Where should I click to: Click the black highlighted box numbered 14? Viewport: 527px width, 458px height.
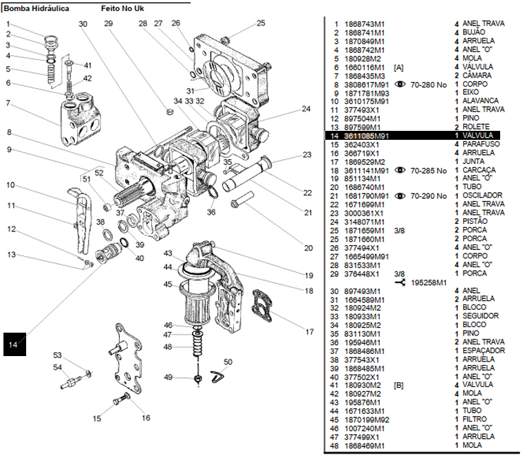(x=14, y=343)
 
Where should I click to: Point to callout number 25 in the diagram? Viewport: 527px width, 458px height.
(x=260, y=23)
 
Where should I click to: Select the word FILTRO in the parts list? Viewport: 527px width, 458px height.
(x=475, y=419)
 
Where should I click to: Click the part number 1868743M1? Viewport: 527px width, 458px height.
(x=365, y=24)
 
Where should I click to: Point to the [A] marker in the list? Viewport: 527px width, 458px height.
(x=398, y=67)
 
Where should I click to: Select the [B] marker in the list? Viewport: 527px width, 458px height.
(x=398, y=385)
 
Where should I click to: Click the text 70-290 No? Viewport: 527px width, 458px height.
(x=429, y=196)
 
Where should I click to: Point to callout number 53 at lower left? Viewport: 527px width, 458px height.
(x=58, y=355)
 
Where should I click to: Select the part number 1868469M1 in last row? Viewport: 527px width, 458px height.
(x=365, y=445)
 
